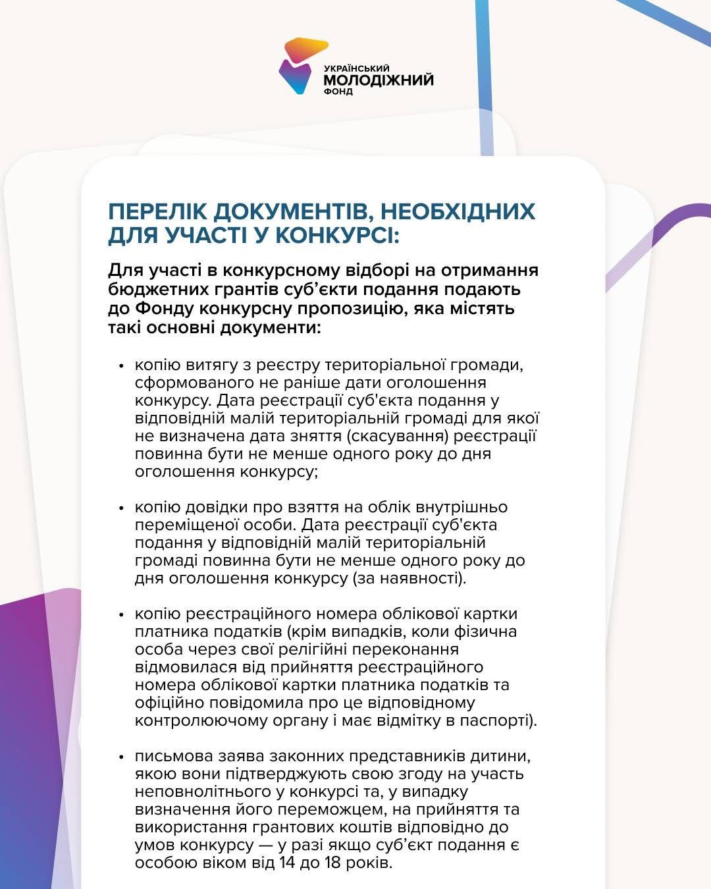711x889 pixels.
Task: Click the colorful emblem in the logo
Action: pyautogui.click(x=302, y=65)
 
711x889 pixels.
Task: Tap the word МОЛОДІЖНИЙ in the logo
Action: pyautogui.click(x=379, y=80)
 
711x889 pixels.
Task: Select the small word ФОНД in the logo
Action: pyautogui.click(x=338, y=92)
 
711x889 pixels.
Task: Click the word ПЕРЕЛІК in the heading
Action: pyautogui.click(x=155, y=211)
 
